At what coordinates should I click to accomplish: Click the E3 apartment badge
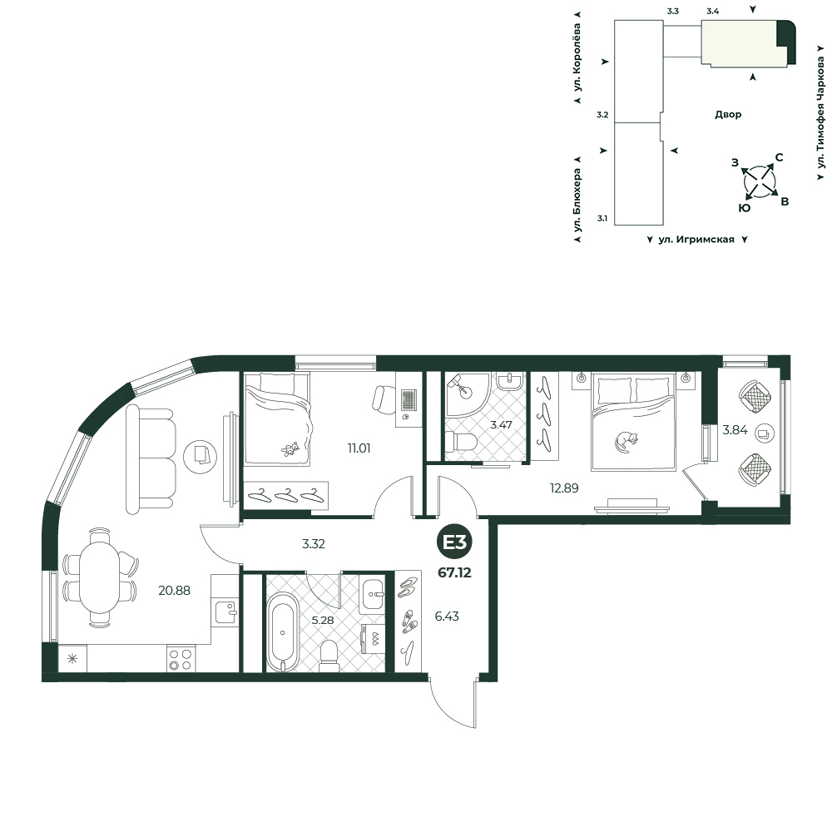coord(455,542)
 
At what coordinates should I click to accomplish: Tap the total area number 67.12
coord(455,573)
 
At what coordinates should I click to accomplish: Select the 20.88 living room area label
coord(174,590)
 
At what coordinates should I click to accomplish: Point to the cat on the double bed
coord(626,441)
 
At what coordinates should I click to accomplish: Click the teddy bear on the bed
coord(290,449)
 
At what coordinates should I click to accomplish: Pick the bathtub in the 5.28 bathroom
coord(282,631)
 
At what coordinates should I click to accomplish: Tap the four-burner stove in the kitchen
coord(180,659)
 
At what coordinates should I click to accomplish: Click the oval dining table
coord(99,578)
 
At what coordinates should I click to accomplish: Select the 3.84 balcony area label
coord(735,430)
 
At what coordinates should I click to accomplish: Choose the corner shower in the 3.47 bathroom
coord(465,394)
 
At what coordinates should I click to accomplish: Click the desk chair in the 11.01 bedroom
coord(384,399)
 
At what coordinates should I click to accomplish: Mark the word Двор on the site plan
coord(728,114)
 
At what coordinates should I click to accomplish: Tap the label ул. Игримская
coord(696,240)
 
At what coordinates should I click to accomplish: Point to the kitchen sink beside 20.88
coord(226,612)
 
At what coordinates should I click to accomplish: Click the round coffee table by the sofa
coord(200,456)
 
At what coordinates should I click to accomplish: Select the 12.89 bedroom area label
coord(564,488)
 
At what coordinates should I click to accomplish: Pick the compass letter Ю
coord(745,208)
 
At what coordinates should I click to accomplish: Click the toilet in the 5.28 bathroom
coord(329,656)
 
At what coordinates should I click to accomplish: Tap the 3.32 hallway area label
coord(313,544)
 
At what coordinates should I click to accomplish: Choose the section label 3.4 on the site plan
coord(713,11)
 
